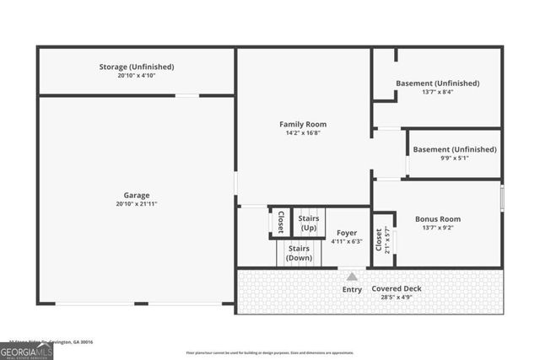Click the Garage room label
[136, 195]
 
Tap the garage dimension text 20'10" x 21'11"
[136, 204]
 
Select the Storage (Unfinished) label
[136, 67]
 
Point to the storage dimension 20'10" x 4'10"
[136, 76]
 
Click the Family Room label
[303, 124]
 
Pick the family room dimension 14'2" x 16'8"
[303, 132]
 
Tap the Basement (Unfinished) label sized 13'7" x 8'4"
[437, 83]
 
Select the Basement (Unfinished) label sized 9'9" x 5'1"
[454, 149]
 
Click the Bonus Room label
[437, 219]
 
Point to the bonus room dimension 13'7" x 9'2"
[437, 228]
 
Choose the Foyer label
[347, 233]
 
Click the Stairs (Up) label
[308, 223]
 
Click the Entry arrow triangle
[352, 277]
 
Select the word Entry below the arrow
[352, 289]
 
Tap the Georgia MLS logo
[26, 350]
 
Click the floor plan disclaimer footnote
[270, 352]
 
